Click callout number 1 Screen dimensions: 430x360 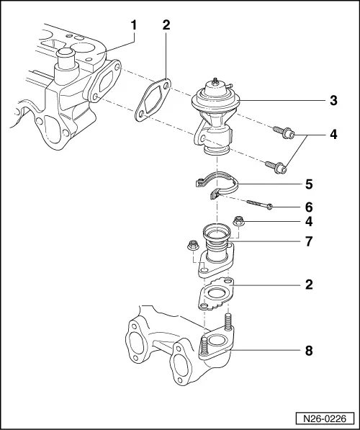[133, 25]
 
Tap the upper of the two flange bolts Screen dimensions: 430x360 [282, 132]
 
